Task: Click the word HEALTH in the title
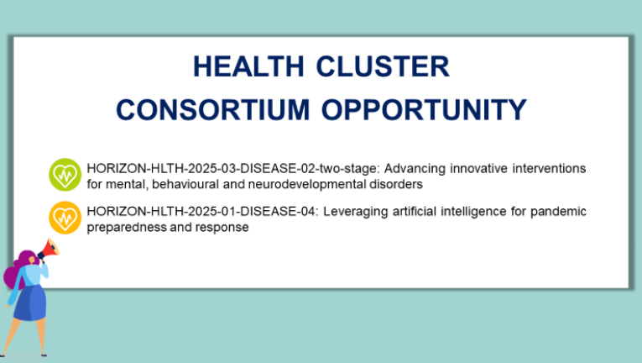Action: [248, 66]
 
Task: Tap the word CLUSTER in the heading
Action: [383, 66]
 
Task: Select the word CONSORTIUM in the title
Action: [213, 109]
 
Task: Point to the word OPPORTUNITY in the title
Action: [424, 109]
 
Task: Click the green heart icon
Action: [65, 175]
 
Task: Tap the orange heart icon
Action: [65, 218]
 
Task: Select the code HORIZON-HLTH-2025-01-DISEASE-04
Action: [202, 211]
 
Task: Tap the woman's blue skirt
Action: [31, 302]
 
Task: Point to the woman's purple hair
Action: [17, 269]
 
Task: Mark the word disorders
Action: [396, 185]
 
